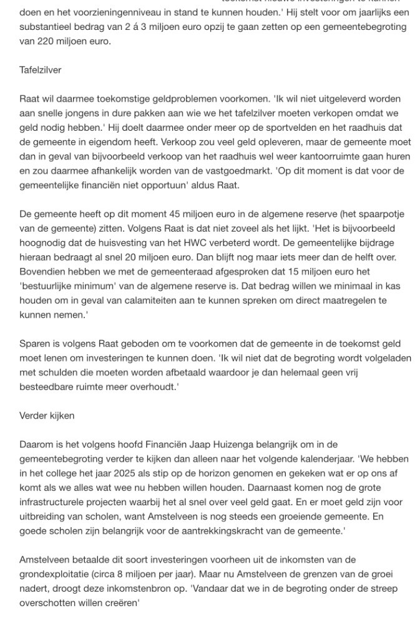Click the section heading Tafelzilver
pos(41,70)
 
